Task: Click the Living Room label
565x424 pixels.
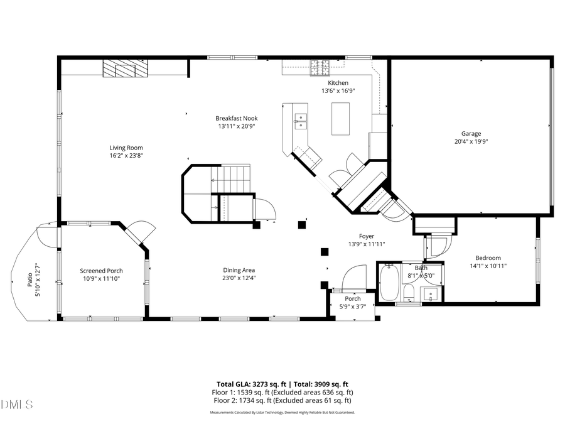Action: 122,148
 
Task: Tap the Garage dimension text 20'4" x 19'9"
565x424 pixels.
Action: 471,141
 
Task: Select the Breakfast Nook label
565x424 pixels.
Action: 236,118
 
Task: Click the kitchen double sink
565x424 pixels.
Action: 301,121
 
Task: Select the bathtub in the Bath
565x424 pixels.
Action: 389,283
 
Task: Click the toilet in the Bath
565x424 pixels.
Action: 408,292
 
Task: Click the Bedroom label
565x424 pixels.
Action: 488,258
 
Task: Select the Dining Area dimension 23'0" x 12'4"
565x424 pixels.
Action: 239,278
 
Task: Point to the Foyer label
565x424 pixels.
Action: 366,236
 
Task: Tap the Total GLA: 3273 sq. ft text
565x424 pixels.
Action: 249,384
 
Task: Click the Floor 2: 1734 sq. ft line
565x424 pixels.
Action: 282,400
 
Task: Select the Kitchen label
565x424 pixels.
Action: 338,83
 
